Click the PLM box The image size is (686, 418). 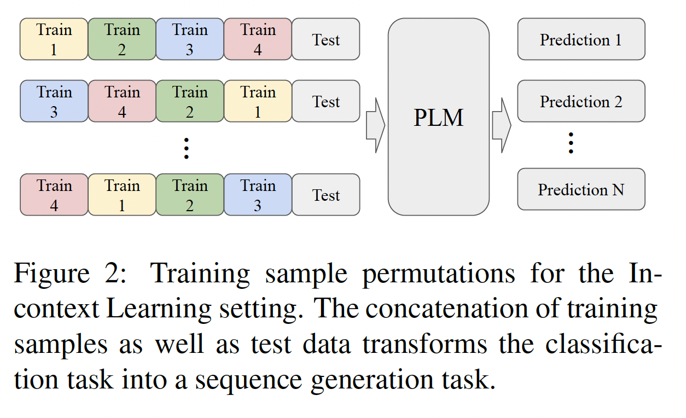click(438, 117)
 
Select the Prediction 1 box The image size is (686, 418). click(581, 39)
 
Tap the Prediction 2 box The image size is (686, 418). click(581, 101)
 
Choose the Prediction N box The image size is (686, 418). click(581, 189)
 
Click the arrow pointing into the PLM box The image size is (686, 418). click(375, 125)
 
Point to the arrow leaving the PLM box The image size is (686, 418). click(501, 125)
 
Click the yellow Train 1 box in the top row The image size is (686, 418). click(54, 39)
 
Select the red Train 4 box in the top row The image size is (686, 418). click(258, 39)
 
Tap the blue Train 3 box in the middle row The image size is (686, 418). click(54, 101)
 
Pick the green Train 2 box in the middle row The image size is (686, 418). click(190, 101)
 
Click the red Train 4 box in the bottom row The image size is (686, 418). click(54, 195)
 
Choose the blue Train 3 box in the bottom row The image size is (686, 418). click(258, 195)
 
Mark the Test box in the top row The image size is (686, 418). click(326, 39)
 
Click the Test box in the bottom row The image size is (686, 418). click(326, 195)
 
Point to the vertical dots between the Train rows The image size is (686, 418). click(187, 148)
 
